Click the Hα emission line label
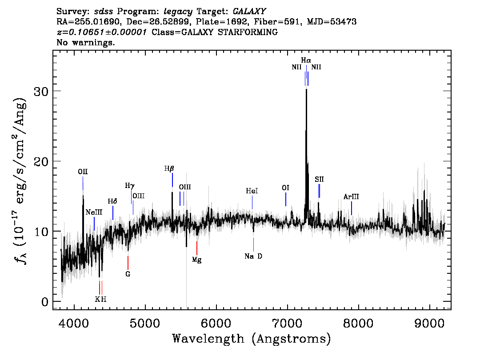coord(306,60)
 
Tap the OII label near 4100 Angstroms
coord(83,172)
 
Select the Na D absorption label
coord(253,256)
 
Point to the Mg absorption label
coord(197,260)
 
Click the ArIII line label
coord(351,196)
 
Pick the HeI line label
coord(252,191)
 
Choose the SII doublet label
coord(319,180)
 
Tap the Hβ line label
coord(169,168)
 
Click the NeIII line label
coord(94,212)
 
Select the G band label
coord(128,274)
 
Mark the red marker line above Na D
coord(254,244)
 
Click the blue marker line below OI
coord(286,199)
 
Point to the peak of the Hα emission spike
coord(306,89)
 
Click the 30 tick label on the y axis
coord(41,91)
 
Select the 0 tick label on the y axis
coord(45,302)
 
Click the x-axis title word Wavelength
coord(208,339)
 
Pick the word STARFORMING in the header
coord(248,32)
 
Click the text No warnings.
coord(85,42)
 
